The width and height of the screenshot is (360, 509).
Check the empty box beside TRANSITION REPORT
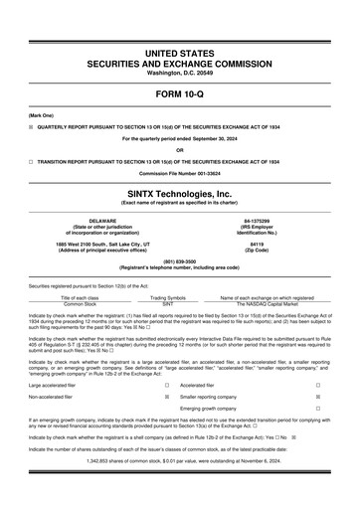31,161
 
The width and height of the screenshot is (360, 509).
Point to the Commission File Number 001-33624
179,173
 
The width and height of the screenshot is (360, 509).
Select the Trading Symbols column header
167,297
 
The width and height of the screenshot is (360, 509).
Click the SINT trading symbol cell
167,303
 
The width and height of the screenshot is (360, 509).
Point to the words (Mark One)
42,115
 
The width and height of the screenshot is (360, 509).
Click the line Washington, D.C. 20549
179,73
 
